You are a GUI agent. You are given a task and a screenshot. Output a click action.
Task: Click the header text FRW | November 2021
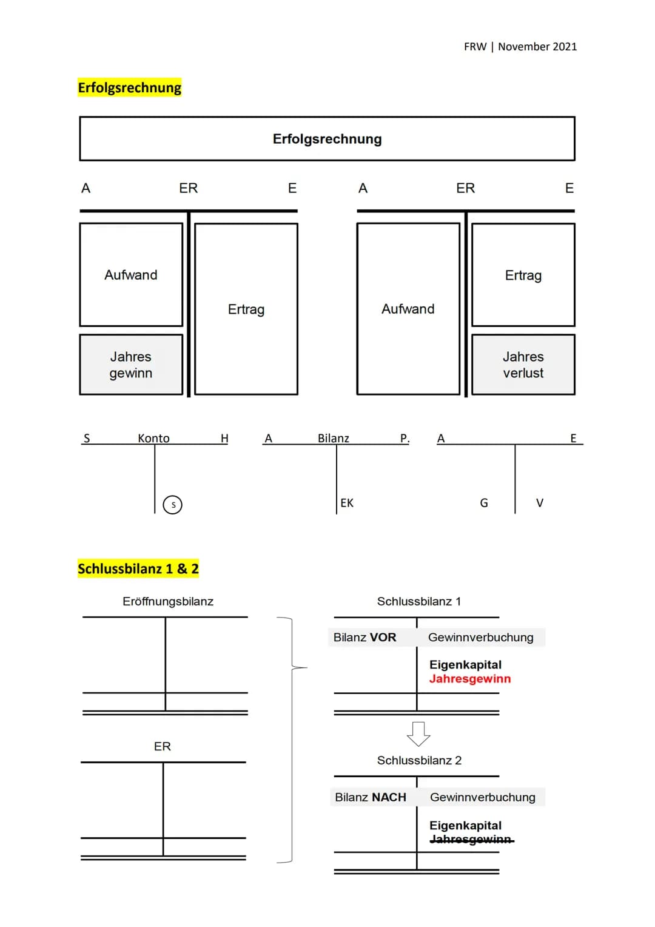(x=520, y=47)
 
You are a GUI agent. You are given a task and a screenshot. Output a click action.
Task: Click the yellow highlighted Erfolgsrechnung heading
(x=130, y=87)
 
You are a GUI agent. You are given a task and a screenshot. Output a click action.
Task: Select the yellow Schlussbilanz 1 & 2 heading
(x=138, y=568)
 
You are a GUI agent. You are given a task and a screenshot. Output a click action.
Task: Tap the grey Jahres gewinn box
(x=131, y=365)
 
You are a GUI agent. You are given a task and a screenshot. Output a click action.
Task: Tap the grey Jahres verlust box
(x=523, y=365)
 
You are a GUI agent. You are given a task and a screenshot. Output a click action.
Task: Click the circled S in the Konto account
(x=173, y=505)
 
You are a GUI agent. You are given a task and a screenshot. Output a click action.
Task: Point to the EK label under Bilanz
(x=347, y=503)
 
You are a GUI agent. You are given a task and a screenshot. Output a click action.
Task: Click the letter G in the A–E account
(x=484, y=503)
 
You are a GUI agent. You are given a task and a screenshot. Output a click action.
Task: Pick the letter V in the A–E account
(x=540, y=503)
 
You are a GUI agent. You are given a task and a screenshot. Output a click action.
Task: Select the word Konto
(x=153, y=438)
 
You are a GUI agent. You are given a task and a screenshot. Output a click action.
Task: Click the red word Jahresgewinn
(x=470, y=679)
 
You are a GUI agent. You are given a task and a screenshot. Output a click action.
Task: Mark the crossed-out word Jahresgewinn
(x=471, y=840)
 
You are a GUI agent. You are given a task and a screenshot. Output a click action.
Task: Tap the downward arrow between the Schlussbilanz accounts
(x=418, y=734)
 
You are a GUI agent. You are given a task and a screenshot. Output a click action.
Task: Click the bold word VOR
(x=383, y=637)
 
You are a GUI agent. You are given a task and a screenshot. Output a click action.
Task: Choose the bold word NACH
(x=389, y=797)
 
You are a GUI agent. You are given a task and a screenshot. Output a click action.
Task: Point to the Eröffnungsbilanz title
(x=168, y=601)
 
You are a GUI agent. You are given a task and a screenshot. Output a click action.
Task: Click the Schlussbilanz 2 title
(x=419, y=760)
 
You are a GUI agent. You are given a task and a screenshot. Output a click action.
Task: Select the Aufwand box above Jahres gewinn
(x=131, y=275)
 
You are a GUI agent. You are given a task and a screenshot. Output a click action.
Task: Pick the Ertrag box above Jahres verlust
(x=523, y=275)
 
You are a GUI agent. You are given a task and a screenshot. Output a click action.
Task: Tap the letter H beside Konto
(x=224, y=438)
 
